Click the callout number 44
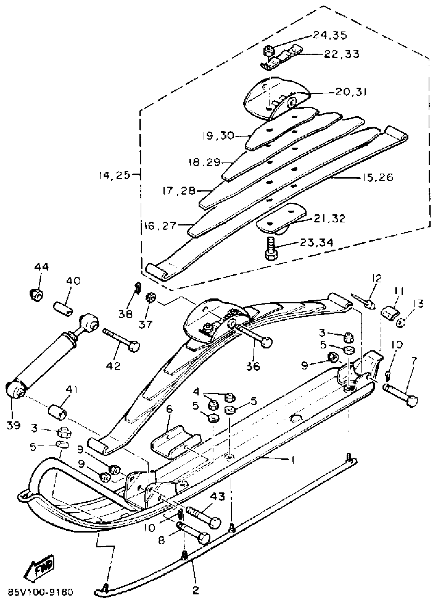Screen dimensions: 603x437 pos(41,267)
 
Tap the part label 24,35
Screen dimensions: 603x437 pos(330,35)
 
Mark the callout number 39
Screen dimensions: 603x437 pos(14,425)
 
